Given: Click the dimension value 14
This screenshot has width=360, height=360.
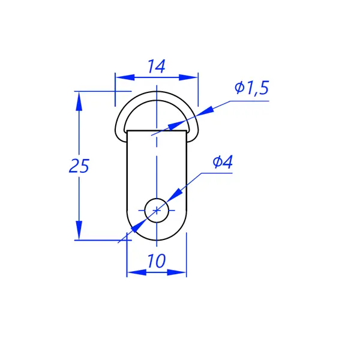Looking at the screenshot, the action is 156,67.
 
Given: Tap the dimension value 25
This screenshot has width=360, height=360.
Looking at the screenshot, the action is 79,166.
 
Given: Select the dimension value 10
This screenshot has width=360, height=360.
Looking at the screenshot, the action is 156,261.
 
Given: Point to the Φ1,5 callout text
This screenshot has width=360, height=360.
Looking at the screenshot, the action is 251,88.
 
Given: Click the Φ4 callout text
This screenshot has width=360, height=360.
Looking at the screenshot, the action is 223,161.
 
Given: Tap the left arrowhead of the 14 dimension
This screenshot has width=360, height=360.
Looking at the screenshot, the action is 125,77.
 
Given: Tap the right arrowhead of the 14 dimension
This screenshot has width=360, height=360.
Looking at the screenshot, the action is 188,77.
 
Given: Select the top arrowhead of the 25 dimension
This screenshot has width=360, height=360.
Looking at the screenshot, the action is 79,101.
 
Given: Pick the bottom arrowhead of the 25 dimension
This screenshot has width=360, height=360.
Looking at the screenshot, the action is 79,230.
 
